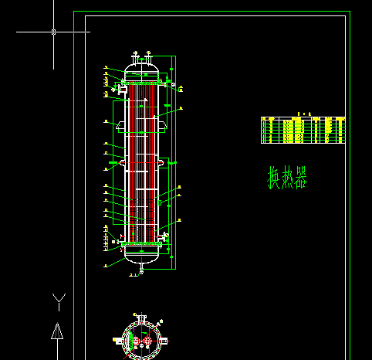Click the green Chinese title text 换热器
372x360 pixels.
pyautogui.click(x=287, y=179)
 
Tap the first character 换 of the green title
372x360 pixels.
pyautogui.click(x=274, y=179)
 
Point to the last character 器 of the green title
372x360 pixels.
pyautogui.click(x=300, y=179)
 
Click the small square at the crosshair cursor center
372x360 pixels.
pyautogui.click(x=53, y=32)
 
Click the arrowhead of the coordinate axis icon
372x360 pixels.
pyautogui.click(x=56, y=331)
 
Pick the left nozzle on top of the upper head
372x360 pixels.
pyautogui.click(x=135, y=57)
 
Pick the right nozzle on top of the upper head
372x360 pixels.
pyautogui.click(x=147, y=57)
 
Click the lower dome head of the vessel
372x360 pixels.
pyautogui.click(x=141, y=256)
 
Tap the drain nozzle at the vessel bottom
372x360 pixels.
pyautogui.click(x=141, y=270)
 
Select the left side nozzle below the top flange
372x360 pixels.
pyautogui.click(x=122, y=93)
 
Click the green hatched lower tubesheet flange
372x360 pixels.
pyautogui.click(x=141, y=246)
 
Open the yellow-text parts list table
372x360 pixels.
pyautogui.click(x=303, y=130)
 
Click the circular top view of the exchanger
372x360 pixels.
pyautogui.click(x=141, y=339)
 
